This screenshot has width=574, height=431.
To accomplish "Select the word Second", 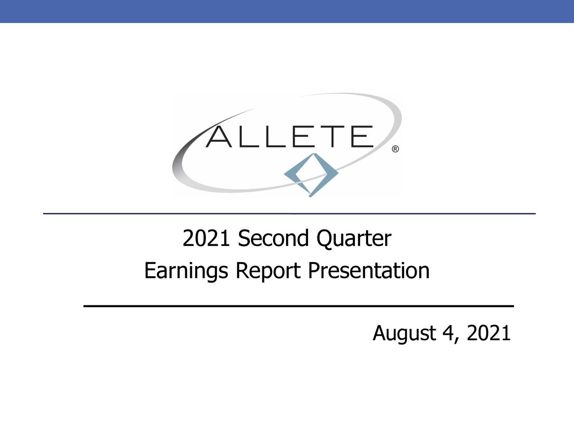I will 274,239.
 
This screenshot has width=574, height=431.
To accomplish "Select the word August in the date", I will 404,334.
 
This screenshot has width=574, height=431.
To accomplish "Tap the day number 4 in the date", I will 447,333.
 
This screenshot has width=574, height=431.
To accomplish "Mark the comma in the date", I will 457,339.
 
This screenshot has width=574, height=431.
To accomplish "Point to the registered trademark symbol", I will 396,149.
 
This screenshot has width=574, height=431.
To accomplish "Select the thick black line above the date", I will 298,305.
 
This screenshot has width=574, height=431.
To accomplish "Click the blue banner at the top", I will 287,11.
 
